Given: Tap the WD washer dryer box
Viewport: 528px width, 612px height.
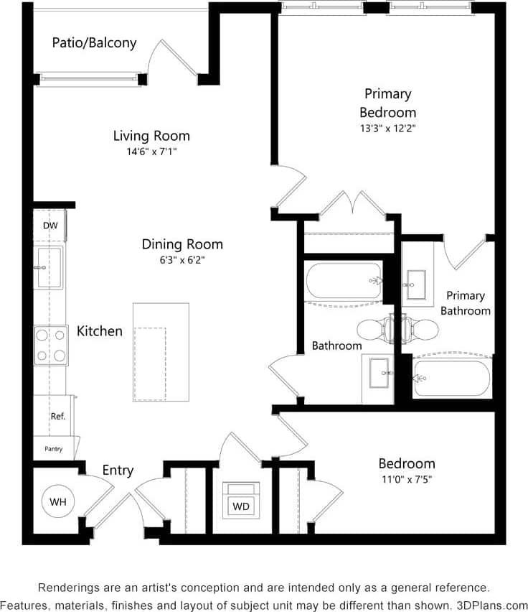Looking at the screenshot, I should coord(241,506).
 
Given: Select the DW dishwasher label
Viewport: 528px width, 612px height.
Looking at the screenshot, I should coord(49,226).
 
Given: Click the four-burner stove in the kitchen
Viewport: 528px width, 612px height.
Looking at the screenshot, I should coord(50,345).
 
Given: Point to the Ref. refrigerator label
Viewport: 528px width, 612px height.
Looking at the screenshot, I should coord(57,417).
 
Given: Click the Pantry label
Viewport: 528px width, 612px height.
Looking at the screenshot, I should coord(54,449).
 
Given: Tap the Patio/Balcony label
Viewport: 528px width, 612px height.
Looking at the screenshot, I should coord(94,43).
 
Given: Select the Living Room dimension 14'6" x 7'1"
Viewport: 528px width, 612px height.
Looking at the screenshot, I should coord(151,152).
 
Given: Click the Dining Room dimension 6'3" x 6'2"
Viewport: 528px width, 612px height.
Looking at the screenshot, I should coord(181,261).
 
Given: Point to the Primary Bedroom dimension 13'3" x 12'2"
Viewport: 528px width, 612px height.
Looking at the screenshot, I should coord(387,128).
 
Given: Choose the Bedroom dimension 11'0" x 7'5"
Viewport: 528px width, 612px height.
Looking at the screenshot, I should coord(407,479).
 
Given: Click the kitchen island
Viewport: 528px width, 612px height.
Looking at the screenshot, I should coord(161,352).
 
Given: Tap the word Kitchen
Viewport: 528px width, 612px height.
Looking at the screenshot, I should coord(100,331).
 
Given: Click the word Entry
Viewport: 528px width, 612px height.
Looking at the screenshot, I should coord(118,470).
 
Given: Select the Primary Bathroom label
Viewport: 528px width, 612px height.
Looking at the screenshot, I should coord(466,303).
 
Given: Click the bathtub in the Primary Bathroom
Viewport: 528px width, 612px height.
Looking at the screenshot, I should coord(452,377).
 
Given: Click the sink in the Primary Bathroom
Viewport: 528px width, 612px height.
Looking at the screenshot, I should coord(415,284).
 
